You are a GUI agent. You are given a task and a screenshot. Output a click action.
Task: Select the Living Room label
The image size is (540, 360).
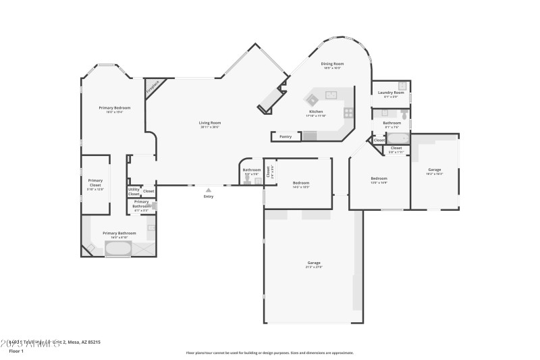pyautogui.click(x=210, y=123)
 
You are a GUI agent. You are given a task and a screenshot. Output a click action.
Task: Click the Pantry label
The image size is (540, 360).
pyautogui.click(x=286, y=136)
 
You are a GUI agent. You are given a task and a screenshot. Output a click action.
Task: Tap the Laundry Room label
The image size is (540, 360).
pyautogui.click(x=391, y=93)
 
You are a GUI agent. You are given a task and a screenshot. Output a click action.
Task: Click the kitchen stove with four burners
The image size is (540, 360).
pyautogui.click(x=348, y=113)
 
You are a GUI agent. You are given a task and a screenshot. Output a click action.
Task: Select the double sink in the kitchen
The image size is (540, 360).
pyautogui.click(x=331, y=94)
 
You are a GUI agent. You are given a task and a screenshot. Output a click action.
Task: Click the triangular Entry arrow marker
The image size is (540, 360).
pyautogui.click(x=209, y=190)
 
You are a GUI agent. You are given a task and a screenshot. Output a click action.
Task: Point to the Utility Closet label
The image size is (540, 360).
pyautogui.click(x=134, y=192)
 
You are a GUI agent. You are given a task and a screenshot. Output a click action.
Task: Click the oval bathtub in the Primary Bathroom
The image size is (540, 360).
pyautogui.click(x=119, y=249)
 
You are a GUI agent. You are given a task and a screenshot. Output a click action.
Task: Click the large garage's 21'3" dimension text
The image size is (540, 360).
pyautogui.click(x=314, y=267)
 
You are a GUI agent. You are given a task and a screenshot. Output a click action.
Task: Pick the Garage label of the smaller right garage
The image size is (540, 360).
pyautogui.click(x=435, y=170)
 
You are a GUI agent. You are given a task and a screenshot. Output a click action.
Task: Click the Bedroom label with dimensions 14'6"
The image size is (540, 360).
pyautogui.click(x=301, y=183)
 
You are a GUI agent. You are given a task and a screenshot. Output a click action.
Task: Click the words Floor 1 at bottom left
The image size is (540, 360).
pyautogui.click(x=16, y=351)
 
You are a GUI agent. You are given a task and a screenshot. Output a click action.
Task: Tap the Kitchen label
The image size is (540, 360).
pyautogui.click(x=316, y=111)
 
